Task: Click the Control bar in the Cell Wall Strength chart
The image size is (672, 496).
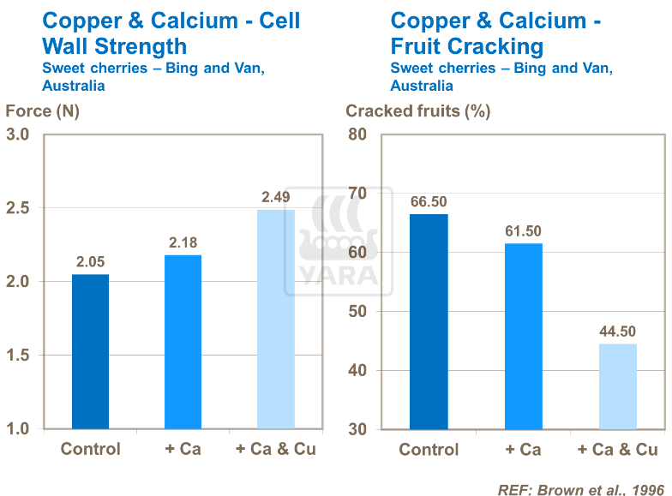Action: (x=90, y=351)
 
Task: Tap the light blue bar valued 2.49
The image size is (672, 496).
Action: (x=275, y=319)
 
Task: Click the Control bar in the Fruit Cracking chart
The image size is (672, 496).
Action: (x=429, y=321)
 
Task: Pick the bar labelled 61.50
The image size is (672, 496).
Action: (x=523, y=336)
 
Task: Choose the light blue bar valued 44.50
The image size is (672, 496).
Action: (x=617, y=385)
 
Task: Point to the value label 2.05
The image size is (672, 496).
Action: (x=90, y=262)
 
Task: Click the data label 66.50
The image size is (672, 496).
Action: (x=429, y=202)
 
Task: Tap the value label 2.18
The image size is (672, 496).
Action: (x=183, y=243)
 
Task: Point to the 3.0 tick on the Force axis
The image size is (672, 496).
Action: (x=18, y=134)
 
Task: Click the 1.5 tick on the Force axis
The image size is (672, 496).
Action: (x=18, y=356)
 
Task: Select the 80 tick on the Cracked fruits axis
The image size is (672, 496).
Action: (x=357, y=134)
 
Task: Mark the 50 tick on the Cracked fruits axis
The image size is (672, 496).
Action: (x=357, y=312)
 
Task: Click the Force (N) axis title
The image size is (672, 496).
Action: (x=43, y=111)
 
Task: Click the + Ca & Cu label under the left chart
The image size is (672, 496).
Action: (x=275, y=449)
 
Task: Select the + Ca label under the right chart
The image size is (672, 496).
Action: (x=523, y=450)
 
